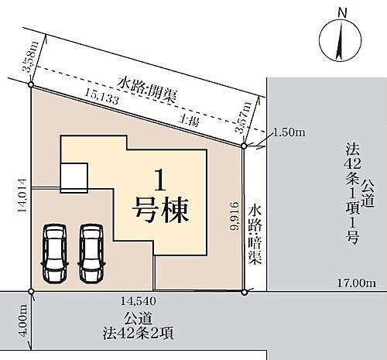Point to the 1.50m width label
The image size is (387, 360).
289,133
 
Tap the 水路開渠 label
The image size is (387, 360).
144,84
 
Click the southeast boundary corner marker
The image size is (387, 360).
244,292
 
